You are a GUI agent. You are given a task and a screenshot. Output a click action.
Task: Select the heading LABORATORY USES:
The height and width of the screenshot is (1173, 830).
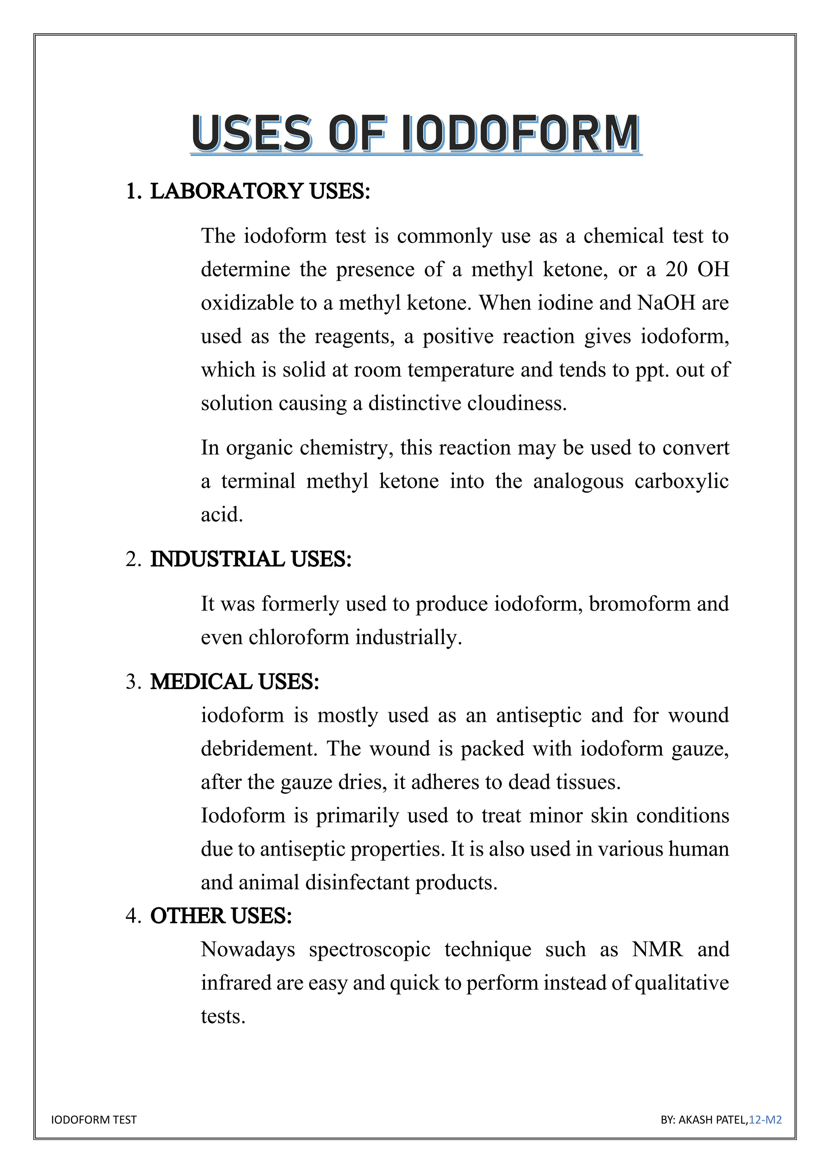(x=260, y=192)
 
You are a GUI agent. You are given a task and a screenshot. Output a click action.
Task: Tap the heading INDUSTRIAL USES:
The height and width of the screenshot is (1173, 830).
(x=250, y=559)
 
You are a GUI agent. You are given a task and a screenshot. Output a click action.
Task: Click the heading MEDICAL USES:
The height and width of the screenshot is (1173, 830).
(x=234, y=682)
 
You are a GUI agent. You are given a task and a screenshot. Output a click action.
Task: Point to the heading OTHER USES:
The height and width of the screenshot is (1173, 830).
(x=221, y=916)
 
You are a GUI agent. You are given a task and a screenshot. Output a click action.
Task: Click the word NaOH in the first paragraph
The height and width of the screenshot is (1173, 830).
(x=666, y=303)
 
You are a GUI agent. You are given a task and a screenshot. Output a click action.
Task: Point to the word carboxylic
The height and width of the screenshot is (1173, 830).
(x=681, y=481)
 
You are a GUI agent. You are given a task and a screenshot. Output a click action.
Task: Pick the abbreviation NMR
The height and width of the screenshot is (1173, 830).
(x=657, y=950)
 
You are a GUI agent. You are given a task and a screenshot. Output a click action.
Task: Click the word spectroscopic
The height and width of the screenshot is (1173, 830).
(x=369, y=950)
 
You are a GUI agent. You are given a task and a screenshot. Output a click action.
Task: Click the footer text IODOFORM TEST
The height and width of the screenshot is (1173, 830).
(x=94, y=1120)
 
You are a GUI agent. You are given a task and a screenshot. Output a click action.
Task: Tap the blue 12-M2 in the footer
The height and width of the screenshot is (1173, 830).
(x=765, y=1120)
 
